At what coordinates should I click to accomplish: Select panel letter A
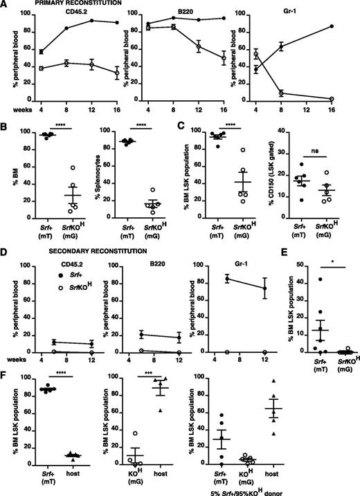coord(6,6)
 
